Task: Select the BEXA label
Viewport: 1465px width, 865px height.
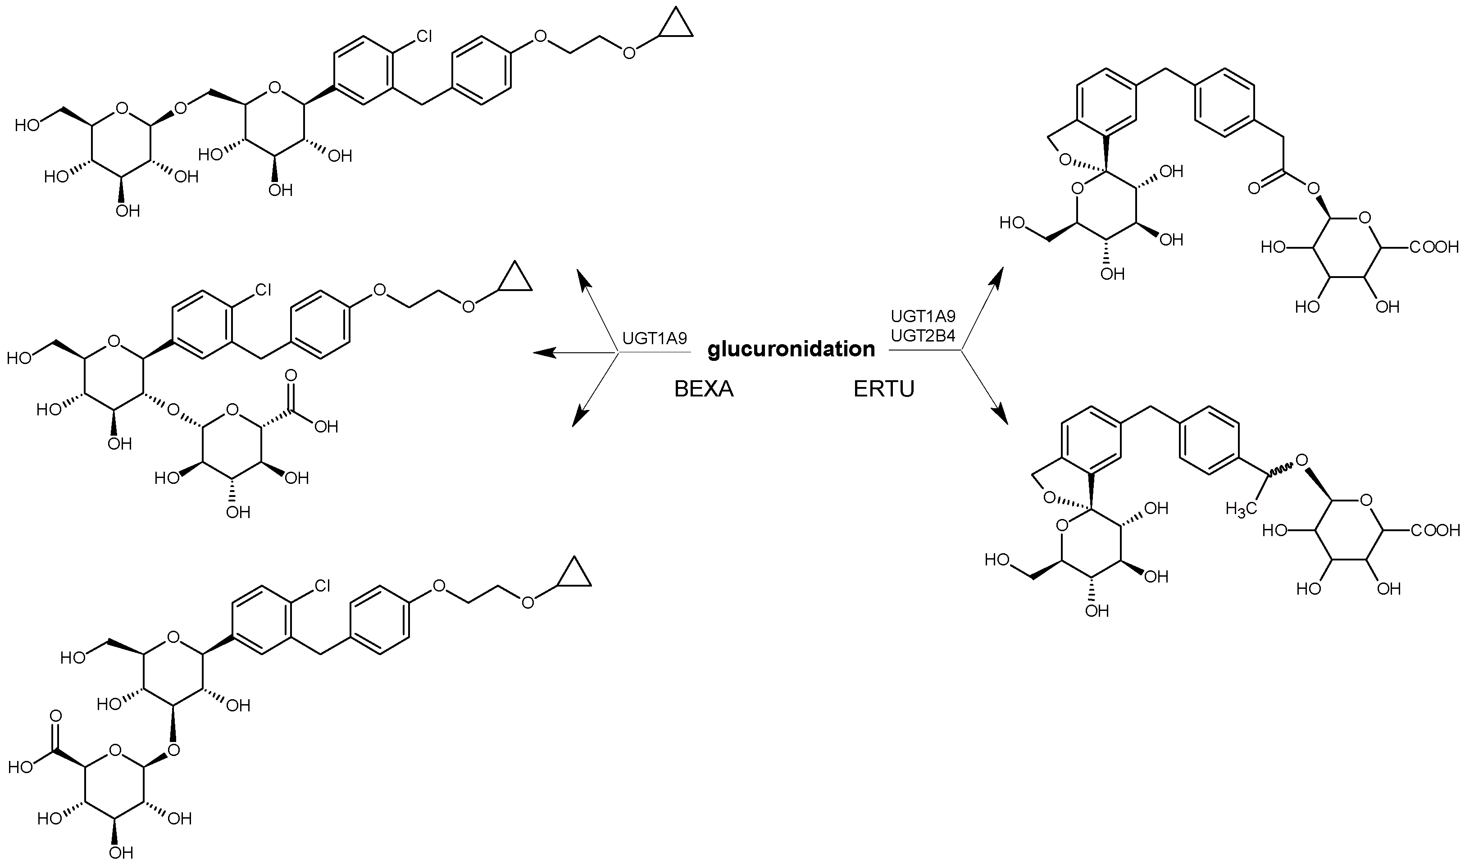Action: [x=703, y=389]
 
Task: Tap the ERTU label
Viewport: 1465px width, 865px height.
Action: [x=883, y=389]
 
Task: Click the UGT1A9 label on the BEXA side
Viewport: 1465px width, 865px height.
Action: [x=655, y=339]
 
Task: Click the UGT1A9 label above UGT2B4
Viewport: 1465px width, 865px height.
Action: [x=923, y=317]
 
